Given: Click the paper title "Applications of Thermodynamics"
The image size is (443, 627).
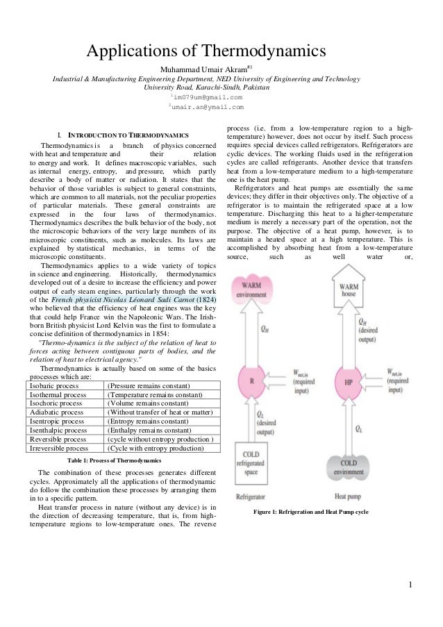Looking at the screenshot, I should [x=205, y=51].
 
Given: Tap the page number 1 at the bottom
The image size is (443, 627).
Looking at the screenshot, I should [x=412, y=592].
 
